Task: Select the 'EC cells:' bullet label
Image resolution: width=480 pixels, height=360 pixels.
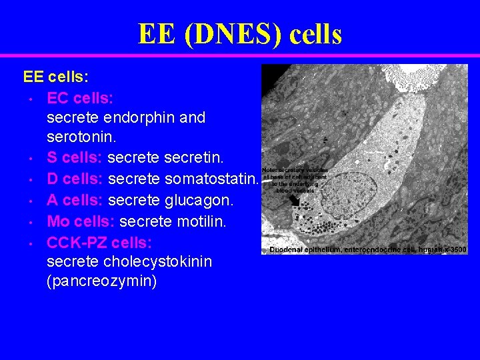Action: (80, 99)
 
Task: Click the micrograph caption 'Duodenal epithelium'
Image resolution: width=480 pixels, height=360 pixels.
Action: (303, 249)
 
